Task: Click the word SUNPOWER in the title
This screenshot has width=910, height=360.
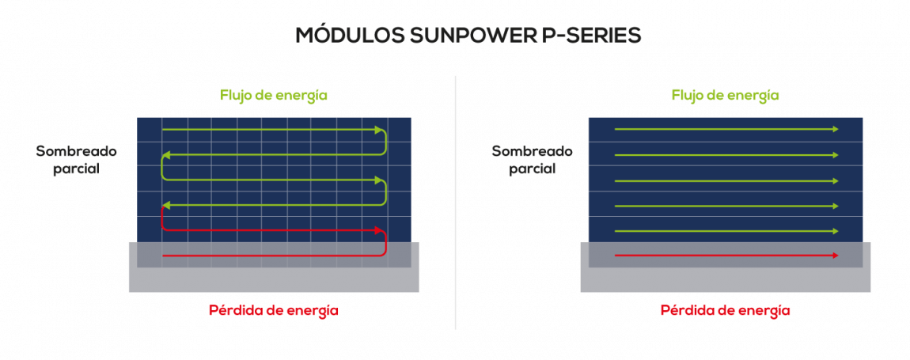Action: tap(458, 36)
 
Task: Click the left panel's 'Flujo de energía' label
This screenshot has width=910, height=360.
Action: tap(273, 95)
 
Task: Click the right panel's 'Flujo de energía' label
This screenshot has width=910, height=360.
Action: tap(726, 95)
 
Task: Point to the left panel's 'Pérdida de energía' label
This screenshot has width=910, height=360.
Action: tap(273, 310)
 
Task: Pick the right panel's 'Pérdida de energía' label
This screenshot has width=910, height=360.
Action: tap(726, 310)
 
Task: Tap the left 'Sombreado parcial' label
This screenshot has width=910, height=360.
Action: tap(77, 161)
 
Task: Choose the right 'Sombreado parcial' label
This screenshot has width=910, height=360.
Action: tap(533, 161)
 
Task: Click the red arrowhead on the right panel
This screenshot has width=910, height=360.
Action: tap(835, 255)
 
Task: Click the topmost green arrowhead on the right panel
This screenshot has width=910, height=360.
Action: tap(835, 129)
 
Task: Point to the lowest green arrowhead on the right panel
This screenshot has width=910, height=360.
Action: tap(835, 231)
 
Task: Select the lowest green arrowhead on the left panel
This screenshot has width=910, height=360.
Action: tap(165, 205)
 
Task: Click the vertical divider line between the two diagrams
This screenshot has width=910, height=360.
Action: tap(456, 203)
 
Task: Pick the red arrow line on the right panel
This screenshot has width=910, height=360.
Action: tap(726, 255)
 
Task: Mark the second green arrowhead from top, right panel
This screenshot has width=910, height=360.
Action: tap(835, 155)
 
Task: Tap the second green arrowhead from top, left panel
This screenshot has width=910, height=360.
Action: tap(165, 155)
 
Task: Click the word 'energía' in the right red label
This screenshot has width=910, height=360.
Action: tap(764, 311)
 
